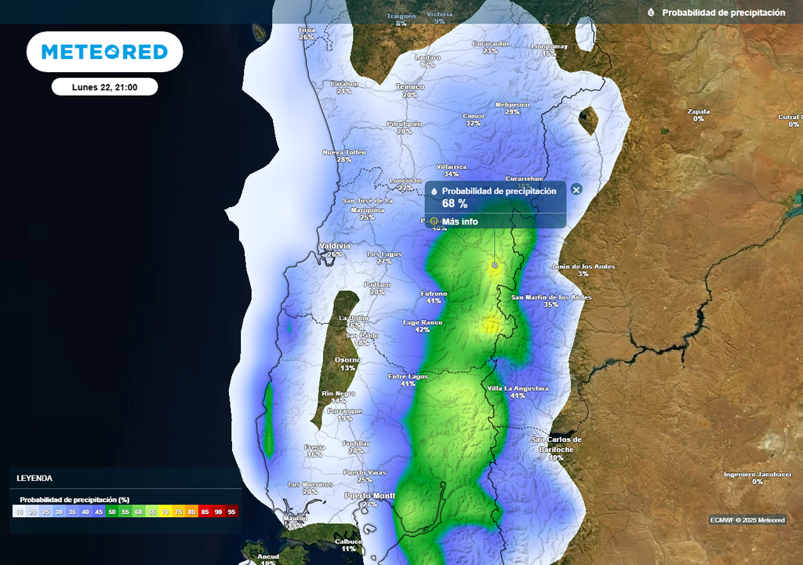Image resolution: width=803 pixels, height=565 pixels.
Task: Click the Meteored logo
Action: (104, 52)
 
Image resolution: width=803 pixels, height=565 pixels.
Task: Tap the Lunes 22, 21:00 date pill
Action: (104, 87)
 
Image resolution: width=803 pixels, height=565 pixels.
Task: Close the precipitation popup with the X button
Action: (576, 190)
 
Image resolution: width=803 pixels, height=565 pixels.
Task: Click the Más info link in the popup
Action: (460, 221)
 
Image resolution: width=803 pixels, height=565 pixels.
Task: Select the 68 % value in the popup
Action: (455, 203)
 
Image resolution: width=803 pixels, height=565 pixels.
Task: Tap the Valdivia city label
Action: (335, 246)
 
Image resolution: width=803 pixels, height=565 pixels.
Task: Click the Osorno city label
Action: (347, 360)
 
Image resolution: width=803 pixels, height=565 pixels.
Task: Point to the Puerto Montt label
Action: (371, 496)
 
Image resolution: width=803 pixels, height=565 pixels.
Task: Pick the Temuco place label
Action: (409, 86)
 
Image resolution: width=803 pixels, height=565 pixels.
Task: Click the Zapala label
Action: (698, 111)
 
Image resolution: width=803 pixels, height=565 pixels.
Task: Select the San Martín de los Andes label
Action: (551, 297)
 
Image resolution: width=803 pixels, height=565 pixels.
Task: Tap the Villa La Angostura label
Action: (518, 388)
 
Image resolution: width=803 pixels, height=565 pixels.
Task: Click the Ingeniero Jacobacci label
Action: (757, 474)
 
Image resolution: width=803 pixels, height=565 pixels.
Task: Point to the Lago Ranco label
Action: (423, 323)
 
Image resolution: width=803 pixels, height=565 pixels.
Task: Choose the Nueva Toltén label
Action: (344, 151)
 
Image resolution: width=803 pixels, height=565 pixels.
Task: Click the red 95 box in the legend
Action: (231, 512)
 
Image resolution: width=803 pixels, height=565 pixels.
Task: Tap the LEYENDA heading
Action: (35, 478)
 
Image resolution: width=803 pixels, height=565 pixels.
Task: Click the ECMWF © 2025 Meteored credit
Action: (747, 520)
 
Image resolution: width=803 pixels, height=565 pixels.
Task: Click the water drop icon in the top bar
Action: (651, 13)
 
